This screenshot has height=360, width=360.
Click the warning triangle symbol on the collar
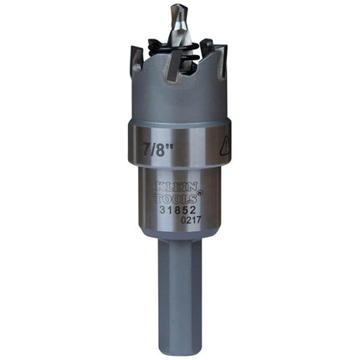click(226, 146)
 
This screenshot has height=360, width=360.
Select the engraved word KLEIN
click(176, 186)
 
